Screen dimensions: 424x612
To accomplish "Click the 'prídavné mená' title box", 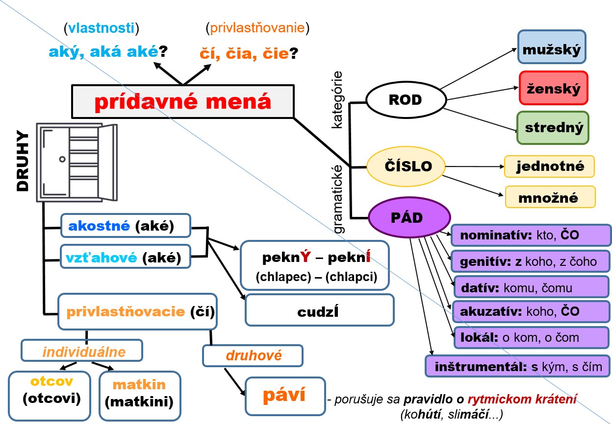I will click(x=182, y=102).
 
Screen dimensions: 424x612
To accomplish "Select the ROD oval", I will click(x=405, y=100).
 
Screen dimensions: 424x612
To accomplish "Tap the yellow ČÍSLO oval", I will click(x=406, y=166).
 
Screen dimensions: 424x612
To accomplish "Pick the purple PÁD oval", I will click(x=409, y=218).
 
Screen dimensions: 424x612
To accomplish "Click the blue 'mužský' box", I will click(x=552, y=48).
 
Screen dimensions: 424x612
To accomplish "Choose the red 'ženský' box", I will click(x=553, y=88).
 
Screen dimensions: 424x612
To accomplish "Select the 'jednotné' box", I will click(x=550, y=166).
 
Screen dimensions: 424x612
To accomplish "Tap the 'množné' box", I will click(x=550, y=198).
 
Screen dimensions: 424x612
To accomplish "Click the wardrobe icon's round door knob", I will click(x=62, y=159).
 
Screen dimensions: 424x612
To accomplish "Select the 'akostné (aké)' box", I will click(x=125, y=226).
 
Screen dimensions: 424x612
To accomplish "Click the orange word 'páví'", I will click(x=284, y=395).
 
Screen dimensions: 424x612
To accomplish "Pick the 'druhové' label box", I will click(x=253, y=355).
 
